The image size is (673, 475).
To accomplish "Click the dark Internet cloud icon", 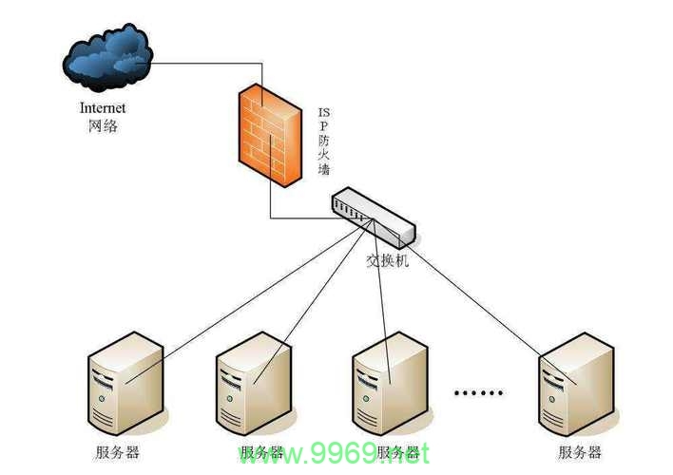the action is pyautogui.click(x=106, y=58).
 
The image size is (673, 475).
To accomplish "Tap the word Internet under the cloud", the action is pyautogui.click(x=103, y=107).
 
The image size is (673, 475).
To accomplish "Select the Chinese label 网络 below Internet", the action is pyautogui.click(x=103, y=125).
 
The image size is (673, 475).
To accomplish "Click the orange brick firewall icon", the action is pyautogui.click(x=270, y=135).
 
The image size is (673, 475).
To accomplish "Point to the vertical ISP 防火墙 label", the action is pyautogui.click(x=324, y=142).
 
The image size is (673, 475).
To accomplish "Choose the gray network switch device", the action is pyautogui.click(x=374, y=218).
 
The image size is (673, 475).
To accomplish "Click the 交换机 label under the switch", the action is pyautogui.click(x=388, y=260).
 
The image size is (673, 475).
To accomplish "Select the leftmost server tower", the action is pyautogui.click(x=125, y=383).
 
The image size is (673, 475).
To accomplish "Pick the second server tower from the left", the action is pyautogui.click(x=254, y=383).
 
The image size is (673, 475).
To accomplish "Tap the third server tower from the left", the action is pyautogui.click(x=390, y=383).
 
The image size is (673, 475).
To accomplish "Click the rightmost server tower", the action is pyautogui.click(x=576, y=384).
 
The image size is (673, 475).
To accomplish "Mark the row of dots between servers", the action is pyautogui.click(x=478, y=392).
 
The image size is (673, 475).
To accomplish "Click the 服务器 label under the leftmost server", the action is pyautogui.click(x=118, y=452).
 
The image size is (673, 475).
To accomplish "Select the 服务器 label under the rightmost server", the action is pyautogui.click(x=580, y=452).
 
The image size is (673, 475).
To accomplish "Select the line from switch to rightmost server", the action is pyautogui.click(x=475, y=301).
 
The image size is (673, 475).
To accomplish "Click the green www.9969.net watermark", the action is pyautogui.click(x=334, y=454).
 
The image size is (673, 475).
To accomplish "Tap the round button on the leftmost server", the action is pyautogui.click(x=102, y=399).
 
